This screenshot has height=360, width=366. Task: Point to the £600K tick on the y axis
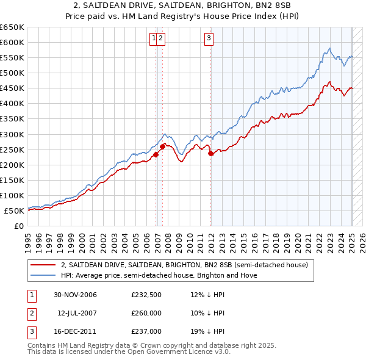tap(13, 42)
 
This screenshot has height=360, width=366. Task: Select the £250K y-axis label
tap(13, 149)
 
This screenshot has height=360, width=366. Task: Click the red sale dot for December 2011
tap(211, 153)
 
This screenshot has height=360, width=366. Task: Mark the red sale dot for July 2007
tap(163, 146)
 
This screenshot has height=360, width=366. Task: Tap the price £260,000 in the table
tap(146, 313)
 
